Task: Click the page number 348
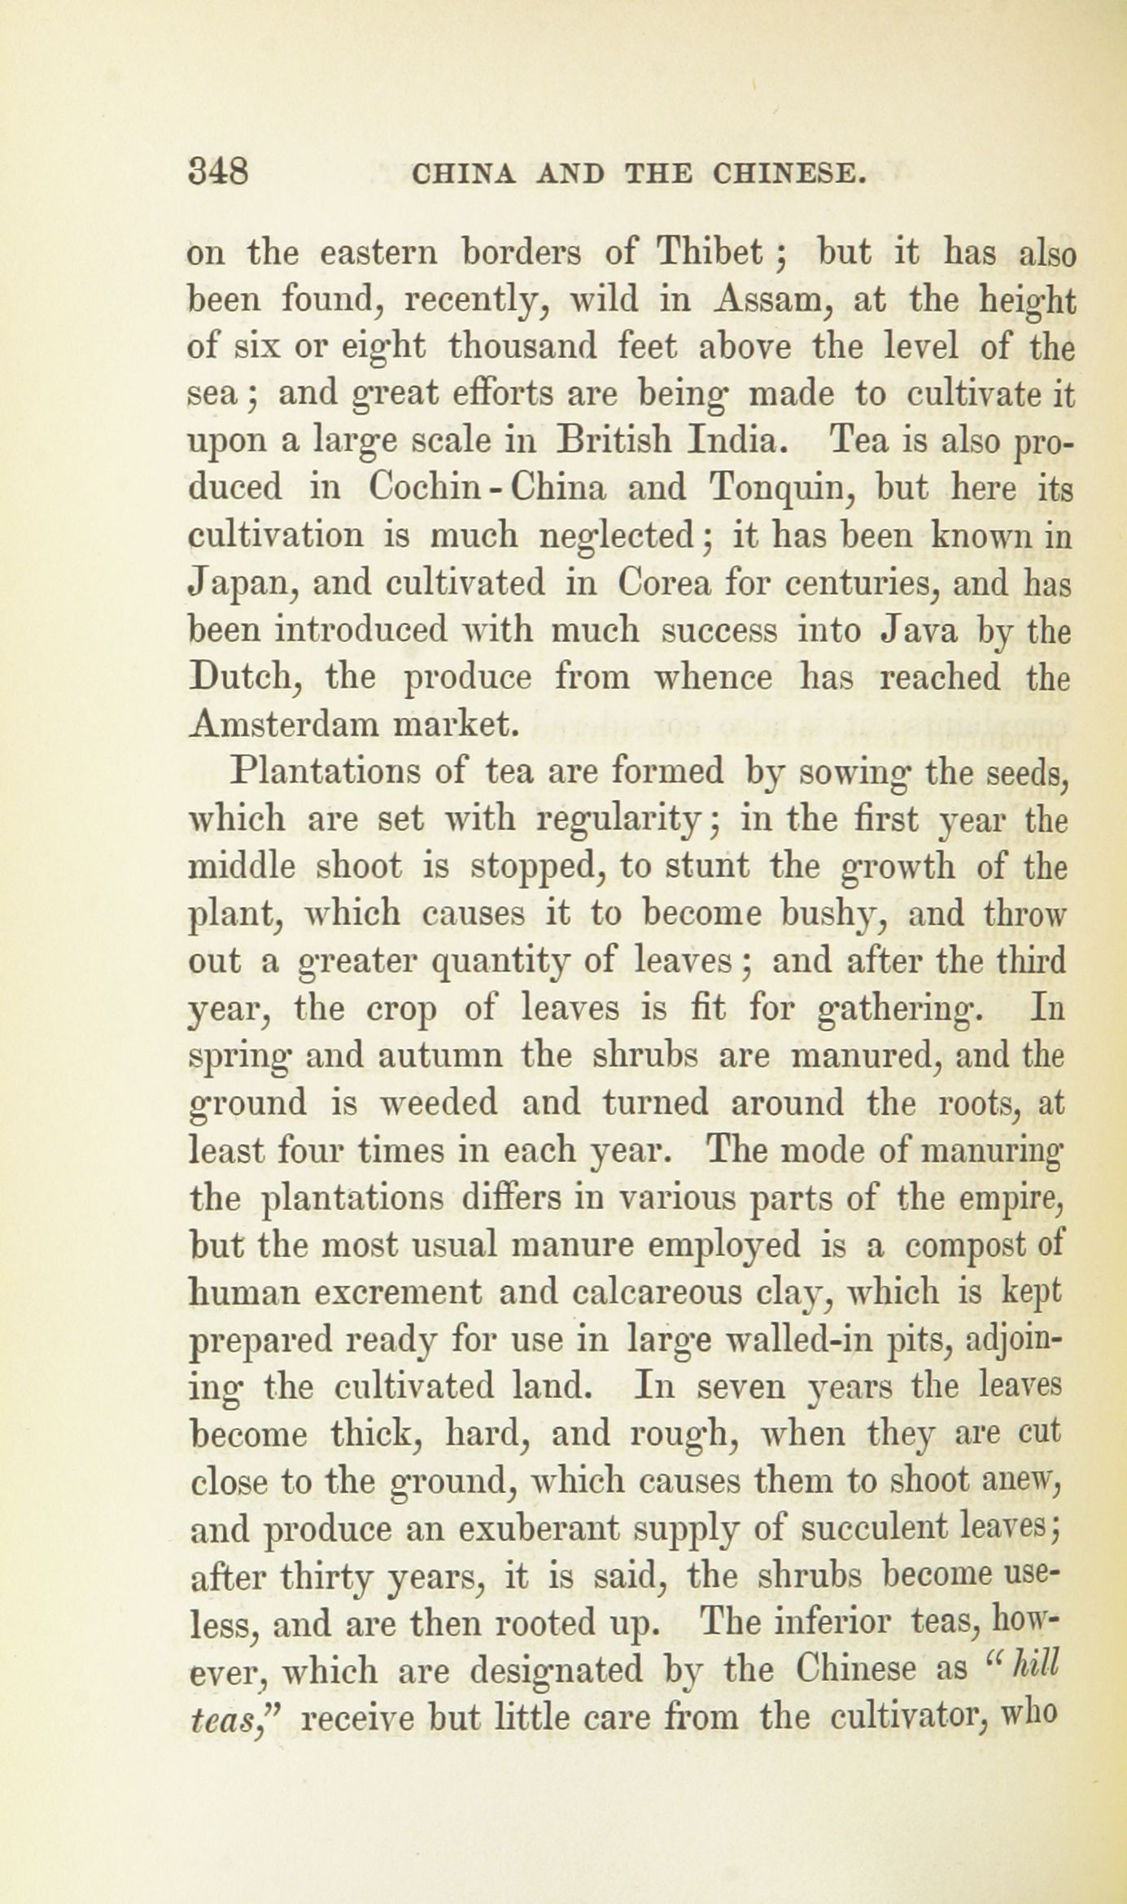click(218, 173)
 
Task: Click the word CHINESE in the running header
click(787, 174)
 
